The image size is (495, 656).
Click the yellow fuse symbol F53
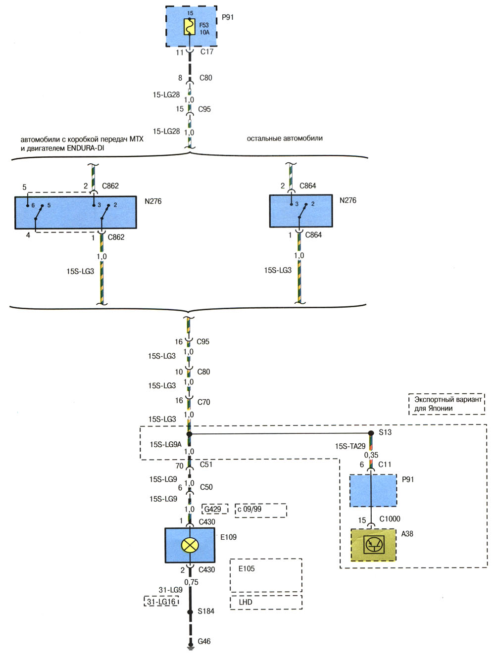pyautogui.click(x=190, y=27)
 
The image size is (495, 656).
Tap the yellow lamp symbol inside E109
pyautogui.click(x=190, y=545)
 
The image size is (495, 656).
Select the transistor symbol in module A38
pyautogui.click(x=374, y=545)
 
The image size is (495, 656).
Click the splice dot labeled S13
pyautogui.click(x=371, y=433)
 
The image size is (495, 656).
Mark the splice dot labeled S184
pyautogui.click(x=190, y=612)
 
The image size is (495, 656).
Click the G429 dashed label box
pyautogui.click(x=215, y=509)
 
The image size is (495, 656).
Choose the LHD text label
pyautogui.click(x=246, y=602)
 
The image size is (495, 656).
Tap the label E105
pyautogui.click(x=247, y=568)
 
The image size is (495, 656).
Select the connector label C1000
pyautogui.click(x=390, y=518)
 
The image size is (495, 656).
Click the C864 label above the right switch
pyautogui.click(x=307, y=186)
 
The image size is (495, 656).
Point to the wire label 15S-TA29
pyautogui.click(x=350, y=446)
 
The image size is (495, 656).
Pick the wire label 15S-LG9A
pyautogui.click(x=166, y=444)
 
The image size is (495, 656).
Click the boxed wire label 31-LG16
pyautogui.click(x=161, y=601)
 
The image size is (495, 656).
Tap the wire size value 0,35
pyautogui.click(x=371, y=455)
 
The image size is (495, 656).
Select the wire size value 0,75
pyautogui.click(x=191, y=582)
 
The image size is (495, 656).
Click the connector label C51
pyautogui.click(x=206, y=464)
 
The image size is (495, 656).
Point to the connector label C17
pyautogui.click(x=207, y=52)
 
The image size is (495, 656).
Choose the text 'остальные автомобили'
pyautogui.click(x=285, y=139)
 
